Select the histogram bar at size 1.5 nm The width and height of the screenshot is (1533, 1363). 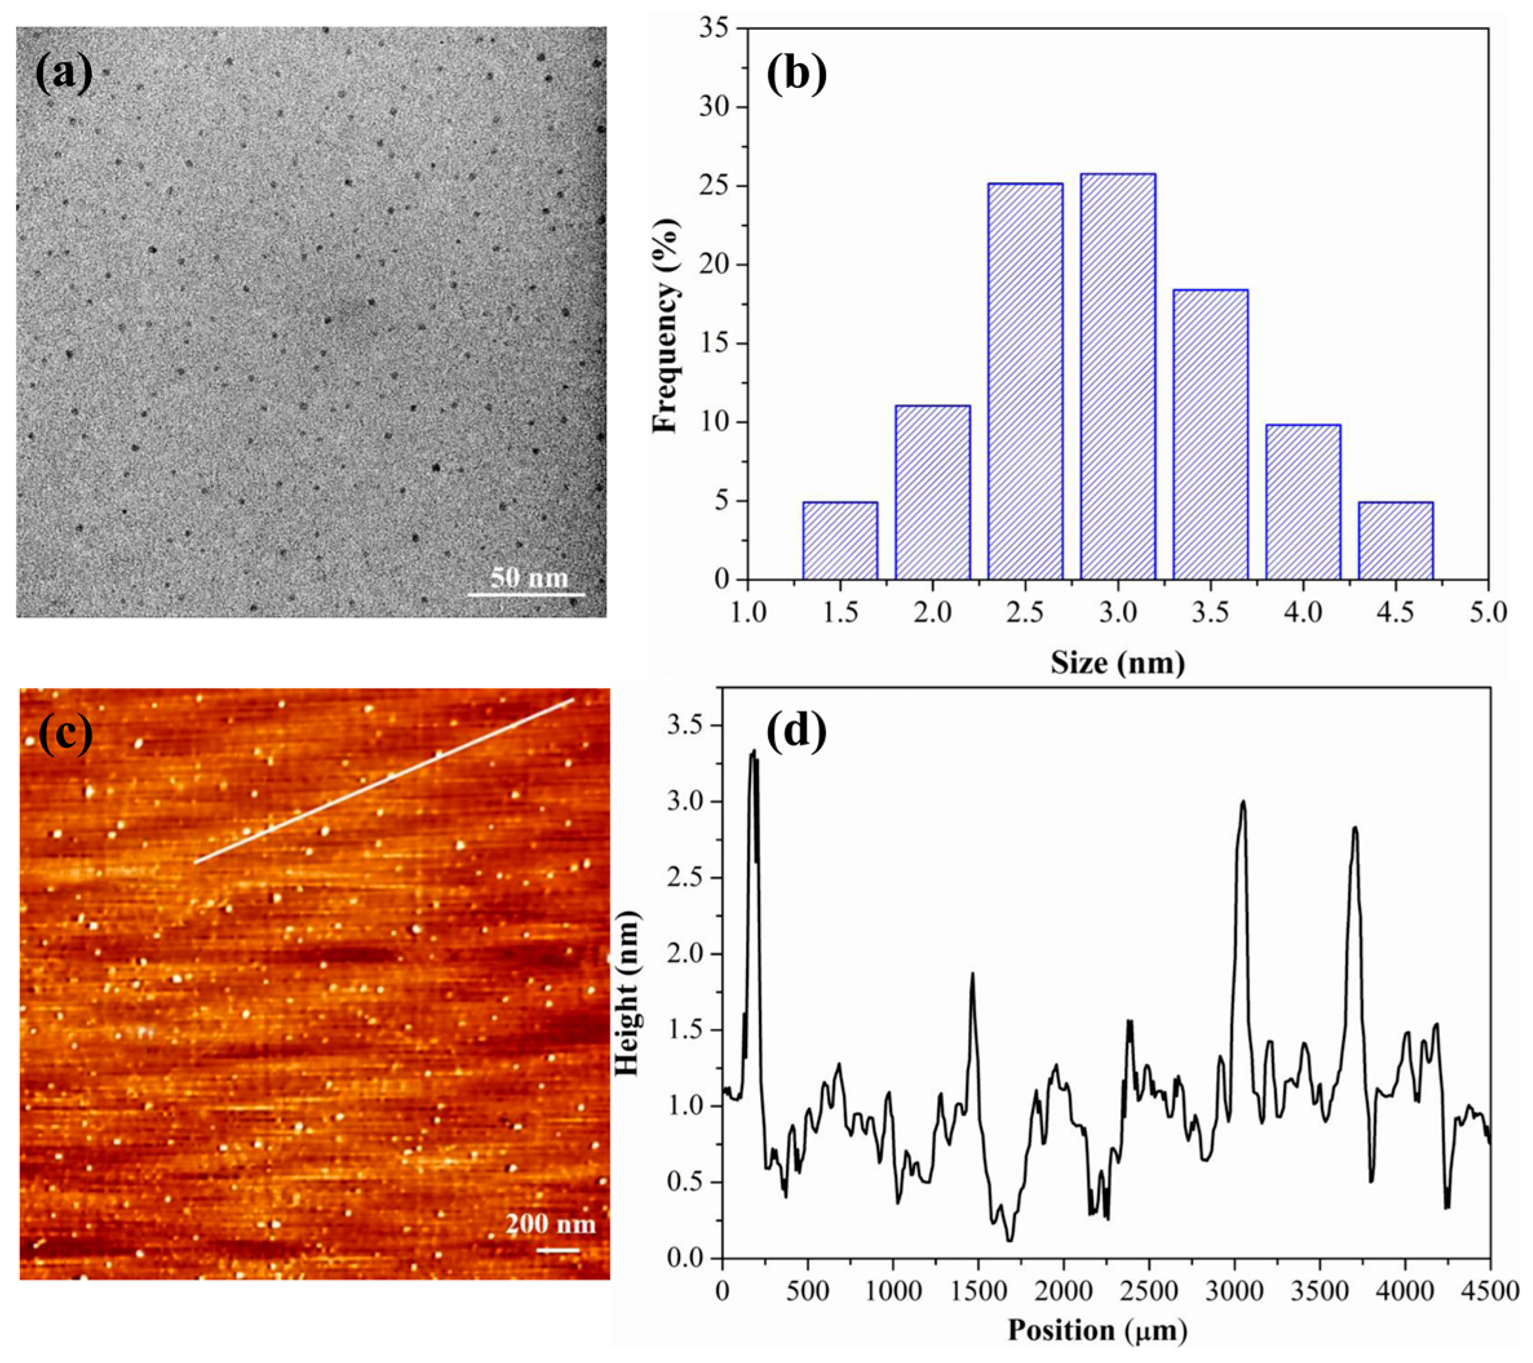(x=840, y=540)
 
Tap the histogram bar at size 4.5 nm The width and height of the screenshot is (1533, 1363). (x=1395, y=540)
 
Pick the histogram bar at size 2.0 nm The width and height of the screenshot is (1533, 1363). (x=932, y=492)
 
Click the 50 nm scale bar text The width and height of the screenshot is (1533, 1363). (x=530, y=578)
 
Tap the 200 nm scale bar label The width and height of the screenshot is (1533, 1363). (x=550, y=1225)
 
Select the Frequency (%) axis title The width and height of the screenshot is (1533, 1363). (x=665, y=326)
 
